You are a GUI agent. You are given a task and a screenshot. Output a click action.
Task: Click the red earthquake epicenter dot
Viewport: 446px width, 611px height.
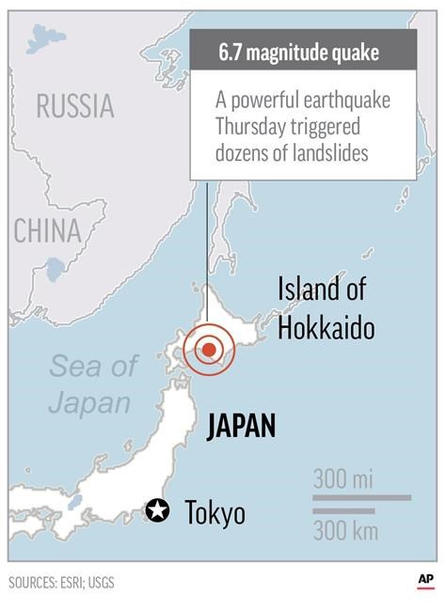coord(209,350)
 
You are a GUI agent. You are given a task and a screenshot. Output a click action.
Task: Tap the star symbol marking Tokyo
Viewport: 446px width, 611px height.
coord(158,510)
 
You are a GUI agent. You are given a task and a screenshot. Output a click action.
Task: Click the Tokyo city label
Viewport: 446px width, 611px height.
coord(215,512)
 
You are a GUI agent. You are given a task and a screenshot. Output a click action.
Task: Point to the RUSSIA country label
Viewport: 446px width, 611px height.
coord(74,105)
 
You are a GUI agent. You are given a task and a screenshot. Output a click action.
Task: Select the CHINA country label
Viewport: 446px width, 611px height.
coord(47,231)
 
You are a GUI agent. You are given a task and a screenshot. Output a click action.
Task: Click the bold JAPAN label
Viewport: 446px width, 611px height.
coord(241,426)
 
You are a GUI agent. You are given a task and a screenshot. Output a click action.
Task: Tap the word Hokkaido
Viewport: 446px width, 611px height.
coord(326,328)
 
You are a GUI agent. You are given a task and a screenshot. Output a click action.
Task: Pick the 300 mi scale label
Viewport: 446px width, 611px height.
coord(343,478)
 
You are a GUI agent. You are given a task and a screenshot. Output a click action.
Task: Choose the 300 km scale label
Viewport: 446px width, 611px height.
coord(345,531)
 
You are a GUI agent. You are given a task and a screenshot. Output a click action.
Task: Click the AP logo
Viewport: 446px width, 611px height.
coord(425,582)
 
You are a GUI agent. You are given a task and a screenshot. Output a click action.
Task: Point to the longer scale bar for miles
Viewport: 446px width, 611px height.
coord(361,496)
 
